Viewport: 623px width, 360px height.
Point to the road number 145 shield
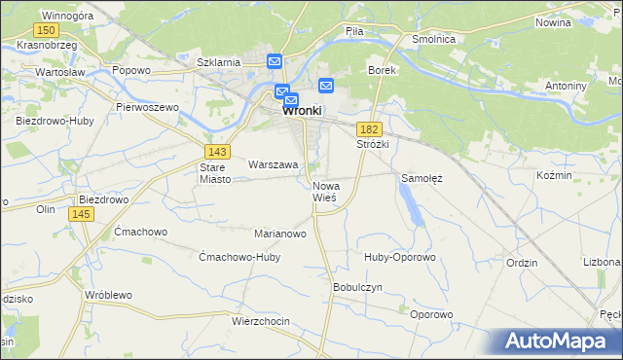[82, 214]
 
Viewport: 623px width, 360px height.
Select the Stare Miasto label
[212, 173]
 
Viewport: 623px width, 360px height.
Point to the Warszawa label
[273, 165]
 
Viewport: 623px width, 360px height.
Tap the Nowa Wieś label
[325, 192]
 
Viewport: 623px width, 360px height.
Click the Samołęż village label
[422, 179]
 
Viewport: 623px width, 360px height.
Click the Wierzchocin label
[262, 320]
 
